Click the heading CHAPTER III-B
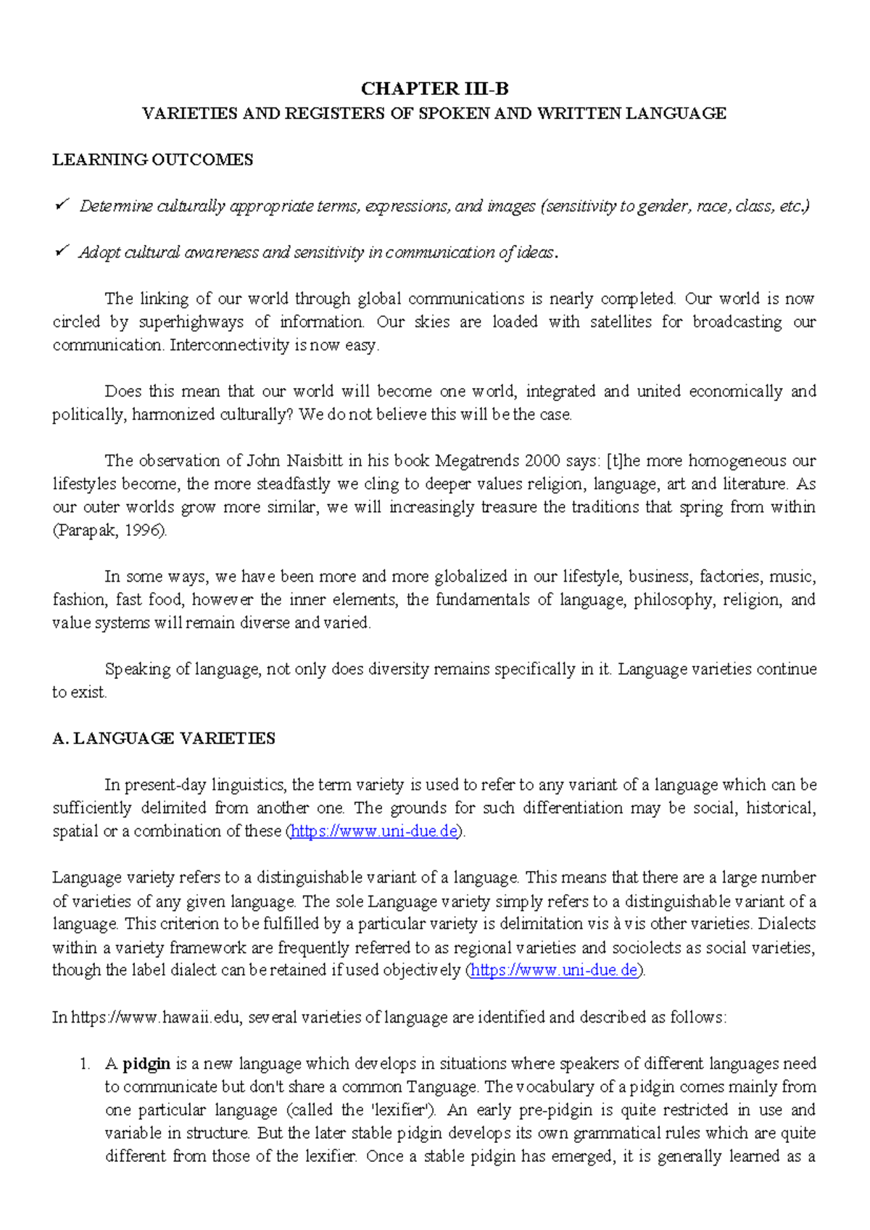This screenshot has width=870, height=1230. (434, 89)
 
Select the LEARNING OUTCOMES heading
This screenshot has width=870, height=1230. (152, 160)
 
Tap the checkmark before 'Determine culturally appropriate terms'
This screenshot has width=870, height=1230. (61, 206)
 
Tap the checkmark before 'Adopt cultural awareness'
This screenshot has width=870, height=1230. (61, 252)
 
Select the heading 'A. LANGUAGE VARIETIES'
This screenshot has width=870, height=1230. (164, 738)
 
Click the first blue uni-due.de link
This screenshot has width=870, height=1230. (374, 831)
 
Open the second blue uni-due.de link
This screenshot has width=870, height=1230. (555, 970)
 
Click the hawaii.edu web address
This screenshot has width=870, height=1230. (155, 1018)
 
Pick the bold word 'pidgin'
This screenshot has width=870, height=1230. (146, 1064)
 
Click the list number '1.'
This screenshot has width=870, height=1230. (85, 1064)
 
